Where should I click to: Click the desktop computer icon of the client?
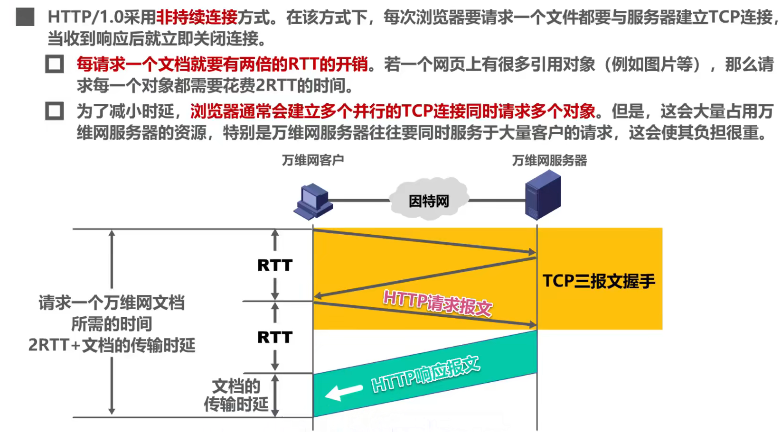coord(312,201)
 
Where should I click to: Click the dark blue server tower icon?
coord(543,195)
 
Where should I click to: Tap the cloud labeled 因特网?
coord(429,201)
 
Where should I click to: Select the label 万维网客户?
coord(312,160)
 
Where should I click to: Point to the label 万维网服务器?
coord(549,161)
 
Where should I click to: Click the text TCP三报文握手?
coord(599,281)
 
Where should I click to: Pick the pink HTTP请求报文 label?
coord(438,303)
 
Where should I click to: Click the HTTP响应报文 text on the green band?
coord(425,375)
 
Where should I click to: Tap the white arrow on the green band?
coord(343,392)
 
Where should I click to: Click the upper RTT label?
coord(275,265)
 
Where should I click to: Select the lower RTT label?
coord(275,337)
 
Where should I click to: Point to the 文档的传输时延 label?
coord(236,395)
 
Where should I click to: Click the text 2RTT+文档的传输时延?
coord(112,345)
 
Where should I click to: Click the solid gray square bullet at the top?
coord(25,17)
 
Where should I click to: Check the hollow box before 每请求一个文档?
coord(54,64)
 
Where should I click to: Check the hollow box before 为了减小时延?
coord(54,111)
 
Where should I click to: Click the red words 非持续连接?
coord(197,18)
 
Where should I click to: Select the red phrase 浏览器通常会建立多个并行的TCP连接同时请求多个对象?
coord(393,111)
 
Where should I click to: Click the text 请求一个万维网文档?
coord(112,303)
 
